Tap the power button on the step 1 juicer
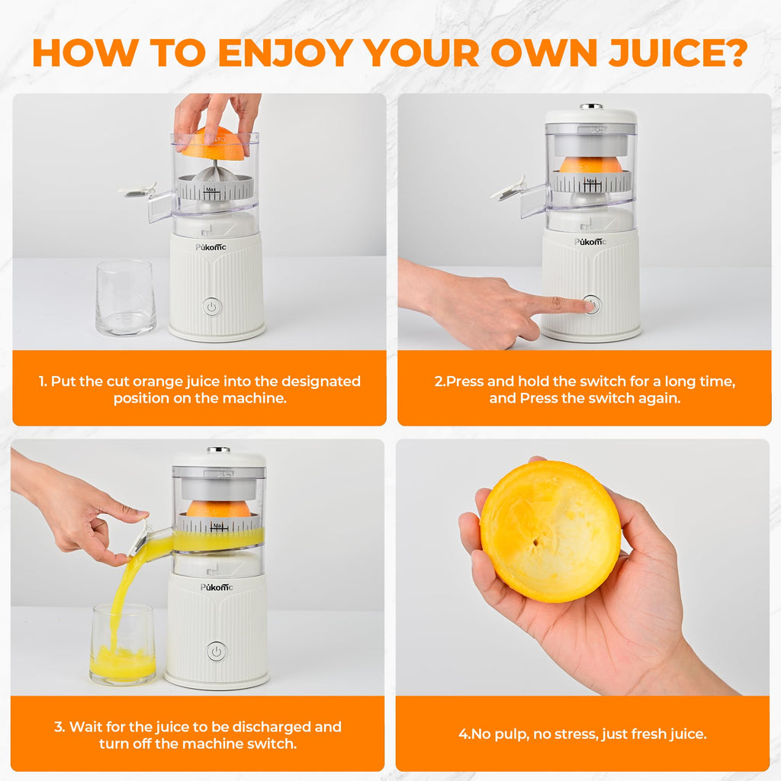pos(212,307)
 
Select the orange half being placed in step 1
pos(213,144)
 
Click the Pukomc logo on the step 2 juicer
pos(591,241)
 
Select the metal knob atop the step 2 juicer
pos(591,107)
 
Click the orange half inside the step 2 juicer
pos(591,164)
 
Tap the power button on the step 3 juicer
pos(217,651)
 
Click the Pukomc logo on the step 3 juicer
pos(217,587)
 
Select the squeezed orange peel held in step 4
pos(550,531)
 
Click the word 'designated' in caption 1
pos(320,381)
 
